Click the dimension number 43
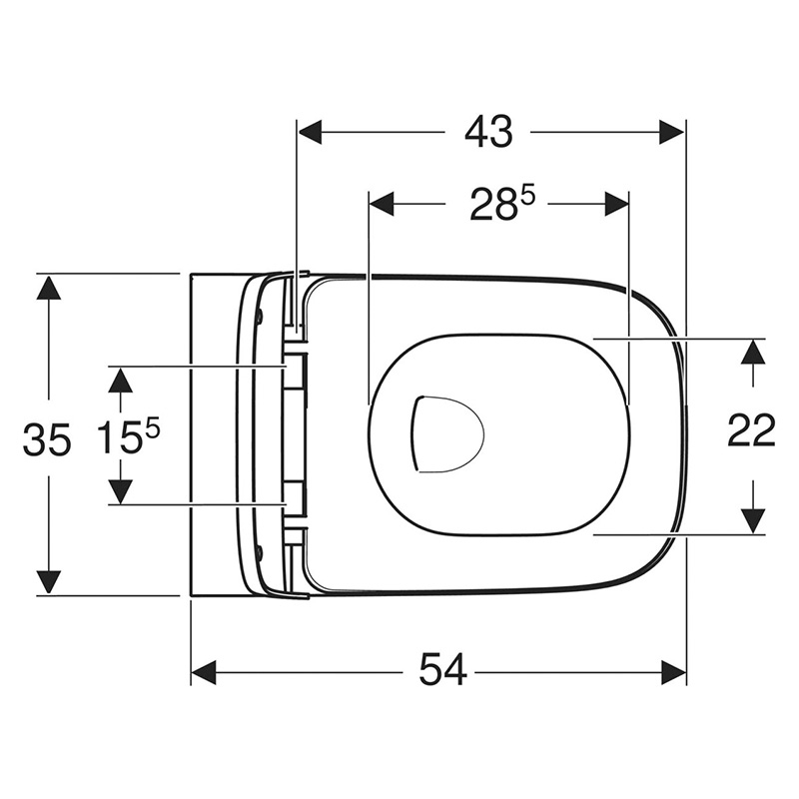(488, 132)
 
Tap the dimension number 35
(46, 440)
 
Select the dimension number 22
(751, 431)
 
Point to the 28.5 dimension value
(502, 204)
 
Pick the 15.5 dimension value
(128, 436)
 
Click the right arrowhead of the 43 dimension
(671, 132)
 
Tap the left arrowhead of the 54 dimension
(204, 672)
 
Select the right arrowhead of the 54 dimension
(673, 672)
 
